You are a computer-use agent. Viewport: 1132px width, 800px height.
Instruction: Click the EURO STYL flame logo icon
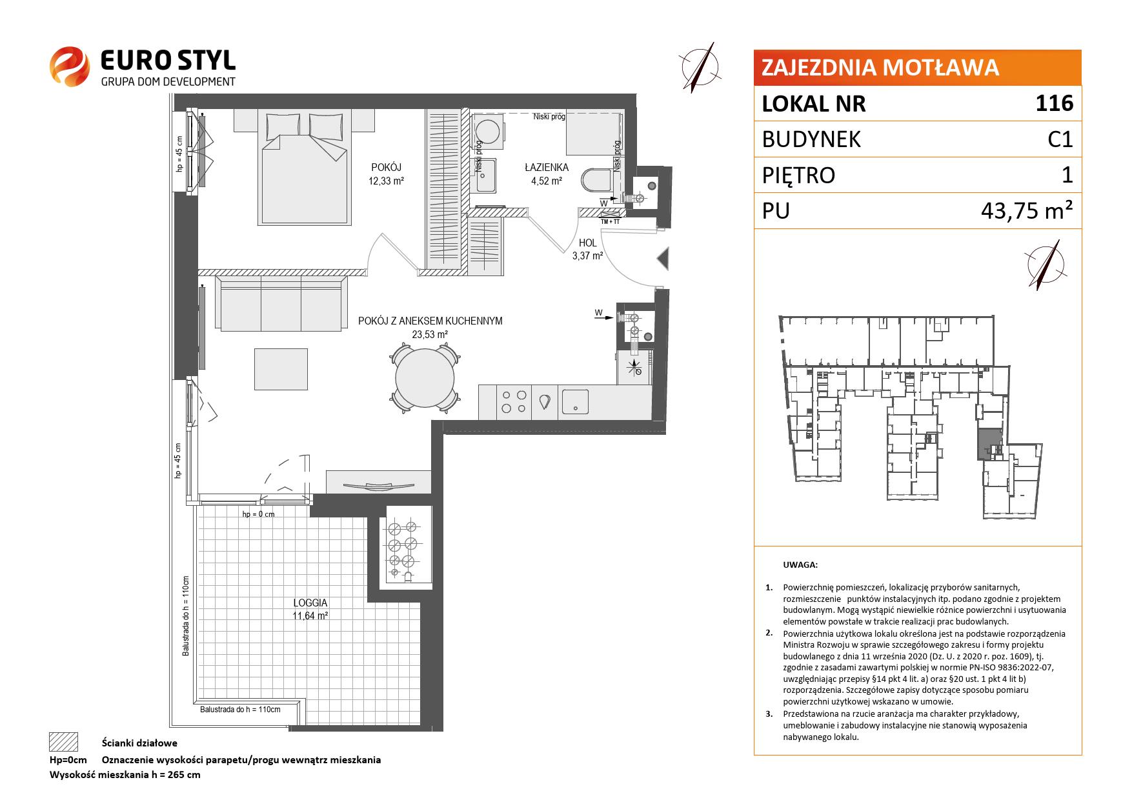point(69,65)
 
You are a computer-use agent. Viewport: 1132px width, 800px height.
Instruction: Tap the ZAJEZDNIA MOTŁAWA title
point(880,68)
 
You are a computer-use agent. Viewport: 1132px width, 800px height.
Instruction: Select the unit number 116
point(1055,103)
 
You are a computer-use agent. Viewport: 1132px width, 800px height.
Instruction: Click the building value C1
point(1060,139)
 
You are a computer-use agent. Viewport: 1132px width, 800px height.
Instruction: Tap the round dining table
point(426,378)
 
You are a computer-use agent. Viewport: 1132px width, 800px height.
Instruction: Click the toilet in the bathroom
point(597,180)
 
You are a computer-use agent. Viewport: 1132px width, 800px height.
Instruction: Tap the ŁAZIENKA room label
point(546,168)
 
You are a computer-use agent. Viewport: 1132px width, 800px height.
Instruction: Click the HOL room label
point(588,243)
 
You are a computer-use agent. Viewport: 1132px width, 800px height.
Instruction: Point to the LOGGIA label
point(310,603)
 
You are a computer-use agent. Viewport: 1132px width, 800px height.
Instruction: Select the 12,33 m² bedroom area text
point(386,181)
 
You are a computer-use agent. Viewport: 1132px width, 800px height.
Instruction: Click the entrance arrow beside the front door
point(663,259)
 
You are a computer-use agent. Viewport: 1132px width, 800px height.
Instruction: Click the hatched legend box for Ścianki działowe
point(63,742)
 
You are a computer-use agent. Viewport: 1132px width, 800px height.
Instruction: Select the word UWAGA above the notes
point(800,565)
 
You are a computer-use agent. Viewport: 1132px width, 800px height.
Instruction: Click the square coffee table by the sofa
point(281,369)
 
